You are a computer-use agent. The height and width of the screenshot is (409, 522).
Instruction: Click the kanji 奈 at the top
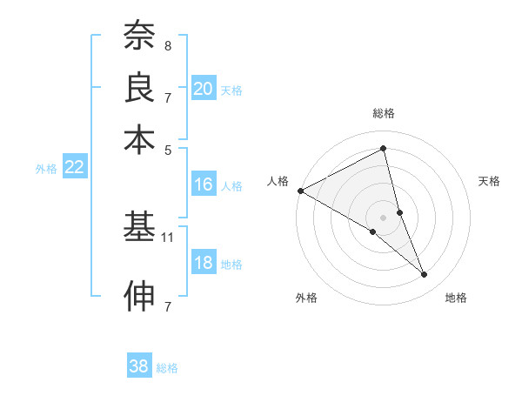pos(139,36)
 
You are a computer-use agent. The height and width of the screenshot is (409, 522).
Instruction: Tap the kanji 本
pos(139,138)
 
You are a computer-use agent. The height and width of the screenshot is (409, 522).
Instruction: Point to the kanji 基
pos(139,227)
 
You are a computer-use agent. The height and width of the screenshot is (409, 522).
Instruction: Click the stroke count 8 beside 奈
pos(167,45)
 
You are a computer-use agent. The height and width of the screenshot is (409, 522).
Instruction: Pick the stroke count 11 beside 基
pos(169,237)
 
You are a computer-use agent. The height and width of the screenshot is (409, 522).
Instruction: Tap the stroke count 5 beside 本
pos(167,149)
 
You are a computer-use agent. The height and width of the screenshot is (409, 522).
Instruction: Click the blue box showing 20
pos(204,89)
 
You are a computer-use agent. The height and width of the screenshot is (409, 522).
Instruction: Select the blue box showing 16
pos(204,184)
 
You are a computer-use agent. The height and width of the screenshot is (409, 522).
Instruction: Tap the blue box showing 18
pos(204,264)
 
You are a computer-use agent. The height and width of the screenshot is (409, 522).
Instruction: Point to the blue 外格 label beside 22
pos(46,169)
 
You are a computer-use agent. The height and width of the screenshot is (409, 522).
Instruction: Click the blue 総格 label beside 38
pos(167,368)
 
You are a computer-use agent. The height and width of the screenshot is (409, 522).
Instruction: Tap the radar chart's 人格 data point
pos(300,191)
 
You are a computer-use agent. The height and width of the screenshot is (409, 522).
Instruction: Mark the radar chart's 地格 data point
pos(425,274)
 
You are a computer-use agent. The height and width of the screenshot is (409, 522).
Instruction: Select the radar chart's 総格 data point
pos(384,150)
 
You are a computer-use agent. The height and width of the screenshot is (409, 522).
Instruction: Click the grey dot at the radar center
pos(384,217)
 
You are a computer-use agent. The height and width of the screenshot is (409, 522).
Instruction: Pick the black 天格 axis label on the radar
pos(489,182)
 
